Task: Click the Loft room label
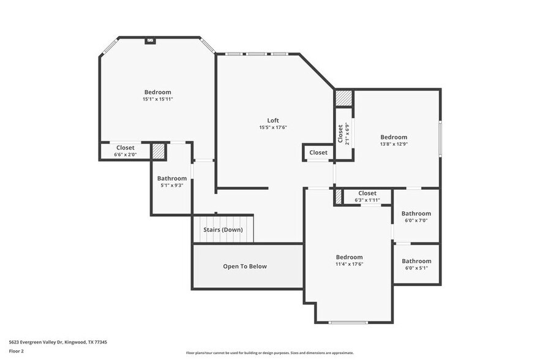tap(273, 121)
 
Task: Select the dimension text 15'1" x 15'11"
tap(158, 99)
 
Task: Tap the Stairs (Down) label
tap(223, 230)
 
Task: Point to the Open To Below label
tap(244, 266)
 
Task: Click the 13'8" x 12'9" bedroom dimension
tap(394, 144)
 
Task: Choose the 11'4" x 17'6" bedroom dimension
tap(349, 264)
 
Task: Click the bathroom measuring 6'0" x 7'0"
tap(416, 217)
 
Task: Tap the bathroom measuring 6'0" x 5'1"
tap(416, 264)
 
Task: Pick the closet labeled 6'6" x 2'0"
tap(126, 151)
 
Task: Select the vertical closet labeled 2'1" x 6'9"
tap(343, 133)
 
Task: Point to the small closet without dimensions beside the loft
tap(318, 152)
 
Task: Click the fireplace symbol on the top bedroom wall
tap(150, 41)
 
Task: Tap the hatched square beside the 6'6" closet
tap(159, 151)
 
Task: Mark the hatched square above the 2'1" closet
tap(343, 98)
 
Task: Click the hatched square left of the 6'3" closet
tap(338, 197)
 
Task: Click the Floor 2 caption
tap(17, 351)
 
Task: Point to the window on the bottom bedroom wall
tap(348, 322)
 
